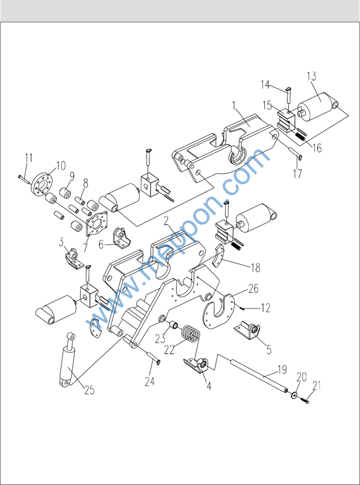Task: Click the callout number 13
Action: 312,77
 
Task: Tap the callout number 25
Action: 89,390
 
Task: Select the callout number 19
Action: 282,369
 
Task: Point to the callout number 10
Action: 61,166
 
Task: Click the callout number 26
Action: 253,289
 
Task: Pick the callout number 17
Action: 297,174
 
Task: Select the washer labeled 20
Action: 294,394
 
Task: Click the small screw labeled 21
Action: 305,400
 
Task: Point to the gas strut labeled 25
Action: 67,359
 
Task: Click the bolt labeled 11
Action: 24,178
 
